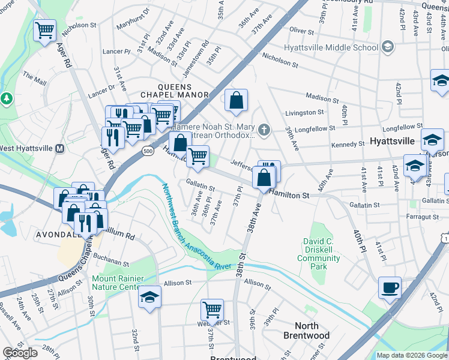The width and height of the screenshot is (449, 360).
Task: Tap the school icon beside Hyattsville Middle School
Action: tap(388, 46)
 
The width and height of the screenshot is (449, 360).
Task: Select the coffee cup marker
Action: tap(390, 287)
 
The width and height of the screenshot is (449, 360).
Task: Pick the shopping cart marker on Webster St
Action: tap(212, 310)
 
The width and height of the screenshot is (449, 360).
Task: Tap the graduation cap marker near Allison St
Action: tap(149, 297)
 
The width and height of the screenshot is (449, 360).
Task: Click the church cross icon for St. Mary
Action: tap(263, 129)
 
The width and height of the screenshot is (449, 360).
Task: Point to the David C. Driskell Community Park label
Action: tap(319, 250)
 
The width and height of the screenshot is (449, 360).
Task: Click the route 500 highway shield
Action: tap(148, 152)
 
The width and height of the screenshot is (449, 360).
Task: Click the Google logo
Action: tap(20, 353)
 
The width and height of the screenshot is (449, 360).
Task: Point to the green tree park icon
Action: tap(7, 98)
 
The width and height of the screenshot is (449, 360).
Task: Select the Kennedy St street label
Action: tap(348, 144)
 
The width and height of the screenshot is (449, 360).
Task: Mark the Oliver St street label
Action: tap(301, 29)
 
